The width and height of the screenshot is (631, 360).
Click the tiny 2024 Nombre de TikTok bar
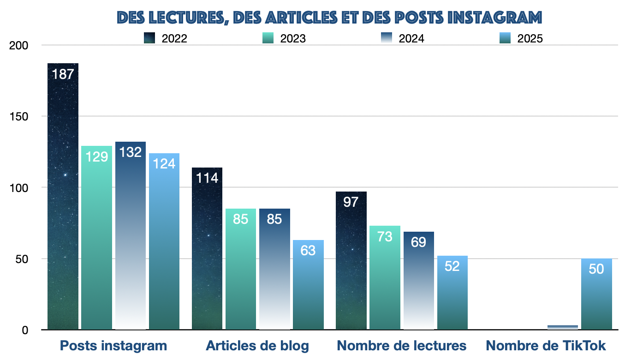(x=563, y=327)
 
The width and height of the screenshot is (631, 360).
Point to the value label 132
(x=131, y=152)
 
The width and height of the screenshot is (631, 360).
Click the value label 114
(x=207, y=178)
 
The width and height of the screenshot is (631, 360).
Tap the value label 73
(x=385, y=236)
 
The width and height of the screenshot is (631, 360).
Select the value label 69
(x=418, y=242)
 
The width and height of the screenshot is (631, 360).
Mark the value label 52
(x=452, y=266)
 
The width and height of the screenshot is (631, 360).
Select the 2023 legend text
(x=293, y=39)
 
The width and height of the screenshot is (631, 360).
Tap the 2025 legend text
(x=530, y=39)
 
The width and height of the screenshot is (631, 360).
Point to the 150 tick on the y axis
(x=19, y=116)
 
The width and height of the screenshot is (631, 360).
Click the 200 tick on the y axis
(x=19, y=45)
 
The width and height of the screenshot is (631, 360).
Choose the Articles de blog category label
(x=257, y=346)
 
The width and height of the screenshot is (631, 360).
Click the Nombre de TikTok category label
(x=546, y=346)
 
